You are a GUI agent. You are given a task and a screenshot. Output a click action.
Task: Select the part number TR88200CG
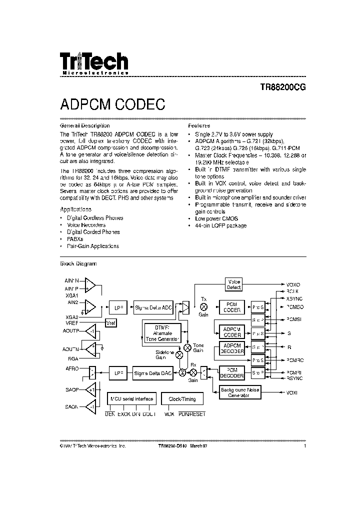282,86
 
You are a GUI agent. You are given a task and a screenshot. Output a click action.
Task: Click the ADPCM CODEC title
112,104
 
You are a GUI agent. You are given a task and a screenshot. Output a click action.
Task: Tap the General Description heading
84,125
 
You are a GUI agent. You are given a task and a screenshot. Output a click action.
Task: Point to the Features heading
199,125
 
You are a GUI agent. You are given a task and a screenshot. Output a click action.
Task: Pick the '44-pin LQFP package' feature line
220,225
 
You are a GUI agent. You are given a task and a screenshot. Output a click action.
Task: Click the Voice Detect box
233,284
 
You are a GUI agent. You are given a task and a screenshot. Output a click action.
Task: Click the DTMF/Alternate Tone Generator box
160,332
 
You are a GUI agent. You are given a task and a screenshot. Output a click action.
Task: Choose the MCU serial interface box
131,398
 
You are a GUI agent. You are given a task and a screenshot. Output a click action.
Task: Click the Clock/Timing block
183,398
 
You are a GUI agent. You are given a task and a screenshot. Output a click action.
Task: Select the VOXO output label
293,284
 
